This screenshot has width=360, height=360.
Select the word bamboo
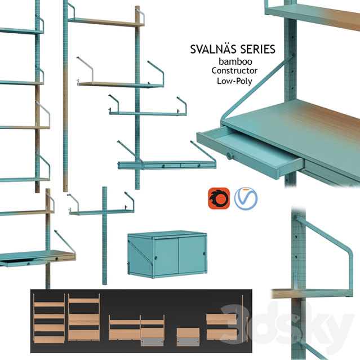(x=234, y=61)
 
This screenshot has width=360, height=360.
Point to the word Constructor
(x=234, y=71)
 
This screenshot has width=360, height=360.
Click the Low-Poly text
(x=234, y=81)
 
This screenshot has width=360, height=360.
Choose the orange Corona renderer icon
(x=218, y=198)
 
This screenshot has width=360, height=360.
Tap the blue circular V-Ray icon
(x=246, y=198)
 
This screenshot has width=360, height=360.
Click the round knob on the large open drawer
(x=229, y=155)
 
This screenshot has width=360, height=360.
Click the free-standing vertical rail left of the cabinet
(x=104, y=237)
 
